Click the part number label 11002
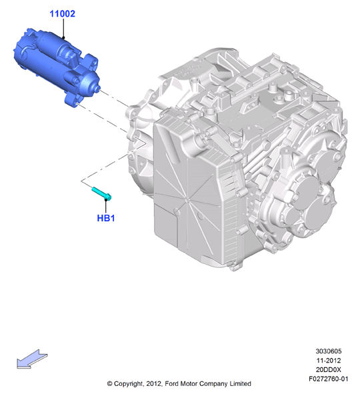(x=63, y=14)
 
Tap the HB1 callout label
(x=106, y=218)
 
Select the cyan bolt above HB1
(x=101, y=194)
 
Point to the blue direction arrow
(x=32, y=359)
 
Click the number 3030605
(x=329, y=351)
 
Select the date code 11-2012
(x=329, y=361)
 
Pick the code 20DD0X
(x=329, y=369)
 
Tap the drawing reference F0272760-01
(x=329, y=379)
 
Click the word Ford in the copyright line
(x=171, y=383)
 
